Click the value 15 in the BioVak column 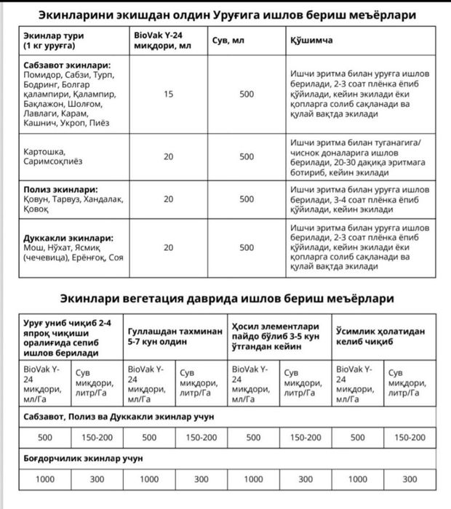169,94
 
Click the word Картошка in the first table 42,152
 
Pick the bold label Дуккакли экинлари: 63,238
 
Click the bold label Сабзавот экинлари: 65,65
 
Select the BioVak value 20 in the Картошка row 169,156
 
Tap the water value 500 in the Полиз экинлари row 247,198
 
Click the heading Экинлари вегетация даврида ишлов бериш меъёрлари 226,298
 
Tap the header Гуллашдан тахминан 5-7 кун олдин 175,335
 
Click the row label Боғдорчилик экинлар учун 79,459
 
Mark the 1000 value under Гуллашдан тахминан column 149,480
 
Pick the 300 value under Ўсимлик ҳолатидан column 410,480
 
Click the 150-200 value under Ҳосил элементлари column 306,438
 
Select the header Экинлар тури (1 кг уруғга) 55,41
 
